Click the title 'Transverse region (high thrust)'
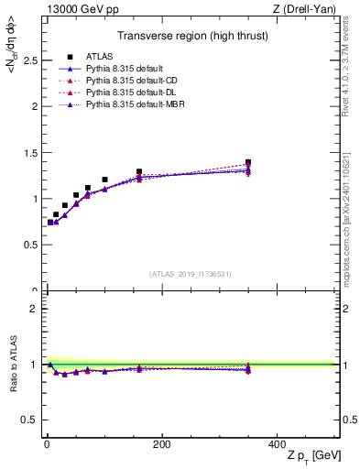click(x=191, y=37)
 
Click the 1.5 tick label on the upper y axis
click(x=27, y=152)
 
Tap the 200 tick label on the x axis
click(x=161, y=445)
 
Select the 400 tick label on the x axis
click(x=279, y=445)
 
